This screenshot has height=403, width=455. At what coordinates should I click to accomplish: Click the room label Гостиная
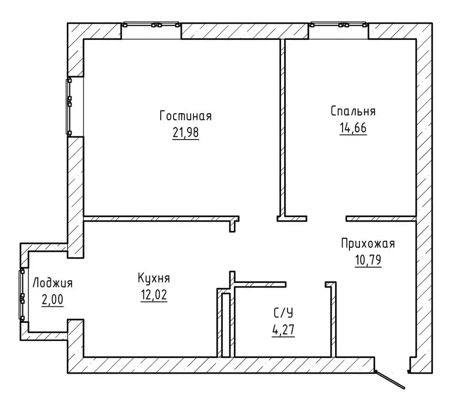pos(185,116)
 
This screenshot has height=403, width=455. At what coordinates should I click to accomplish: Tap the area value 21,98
pos(185,133)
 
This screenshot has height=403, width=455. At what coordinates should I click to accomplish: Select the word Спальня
pos(353,111)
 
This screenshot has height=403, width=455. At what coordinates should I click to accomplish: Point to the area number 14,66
pos(353,128)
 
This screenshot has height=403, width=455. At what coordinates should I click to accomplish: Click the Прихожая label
pos(368,243)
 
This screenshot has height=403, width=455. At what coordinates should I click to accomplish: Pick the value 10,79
pos(368,260)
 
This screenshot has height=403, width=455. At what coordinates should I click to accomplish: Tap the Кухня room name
pos(154,278)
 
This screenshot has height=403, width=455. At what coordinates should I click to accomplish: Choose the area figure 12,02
pos(154,295)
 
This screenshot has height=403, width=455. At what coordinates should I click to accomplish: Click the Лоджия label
pos(53,283)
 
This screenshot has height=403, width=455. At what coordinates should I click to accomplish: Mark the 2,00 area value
pos(53,300)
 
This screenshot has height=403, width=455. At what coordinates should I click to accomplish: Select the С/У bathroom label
pos(284,313)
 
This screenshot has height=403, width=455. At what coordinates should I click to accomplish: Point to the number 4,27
pos(284,330)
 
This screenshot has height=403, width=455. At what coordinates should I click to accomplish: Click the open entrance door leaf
pos(389,379)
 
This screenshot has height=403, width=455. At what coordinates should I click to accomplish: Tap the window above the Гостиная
pos(151,25)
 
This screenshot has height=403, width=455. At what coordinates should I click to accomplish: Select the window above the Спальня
pos(338,25)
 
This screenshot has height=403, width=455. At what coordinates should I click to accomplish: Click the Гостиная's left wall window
pos(69,107)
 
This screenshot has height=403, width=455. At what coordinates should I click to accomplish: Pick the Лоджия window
pos(22,295)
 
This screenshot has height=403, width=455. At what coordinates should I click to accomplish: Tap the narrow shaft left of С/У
pos(226,325)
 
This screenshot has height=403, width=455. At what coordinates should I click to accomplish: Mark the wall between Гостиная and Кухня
pos(161,219)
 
